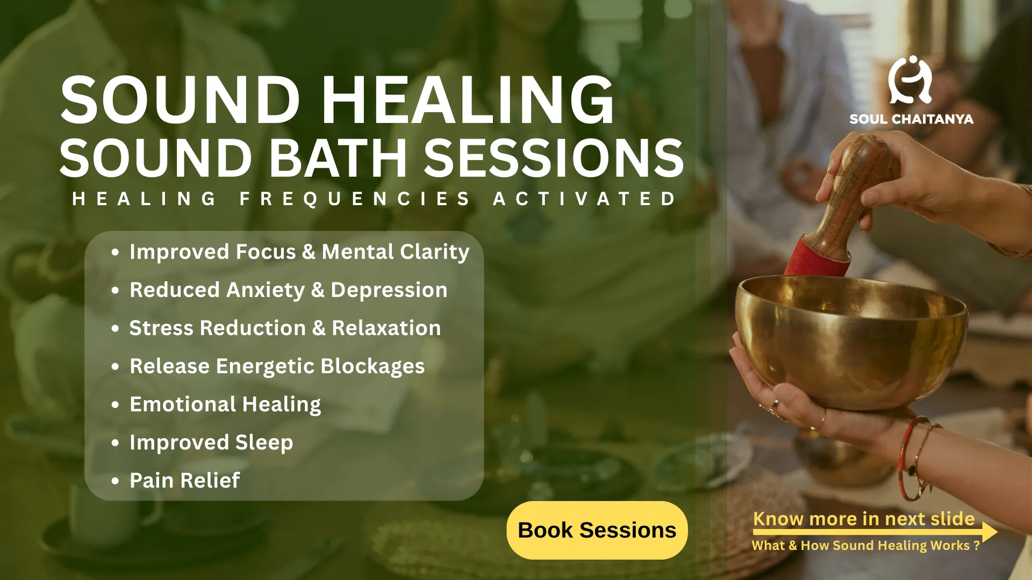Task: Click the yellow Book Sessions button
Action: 597,530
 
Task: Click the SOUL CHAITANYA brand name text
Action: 912,119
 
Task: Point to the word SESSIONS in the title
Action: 554,158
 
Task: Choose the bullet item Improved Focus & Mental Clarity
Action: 299,252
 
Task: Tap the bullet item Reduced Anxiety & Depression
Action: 289,290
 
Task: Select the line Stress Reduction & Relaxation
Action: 285,328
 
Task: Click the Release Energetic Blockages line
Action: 277,366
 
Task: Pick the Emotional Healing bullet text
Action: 226,404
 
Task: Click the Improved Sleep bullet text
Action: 211,443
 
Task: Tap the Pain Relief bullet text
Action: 185,480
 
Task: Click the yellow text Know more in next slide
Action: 864,519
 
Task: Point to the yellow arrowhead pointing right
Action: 990,532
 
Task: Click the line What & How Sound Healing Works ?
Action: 866,546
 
